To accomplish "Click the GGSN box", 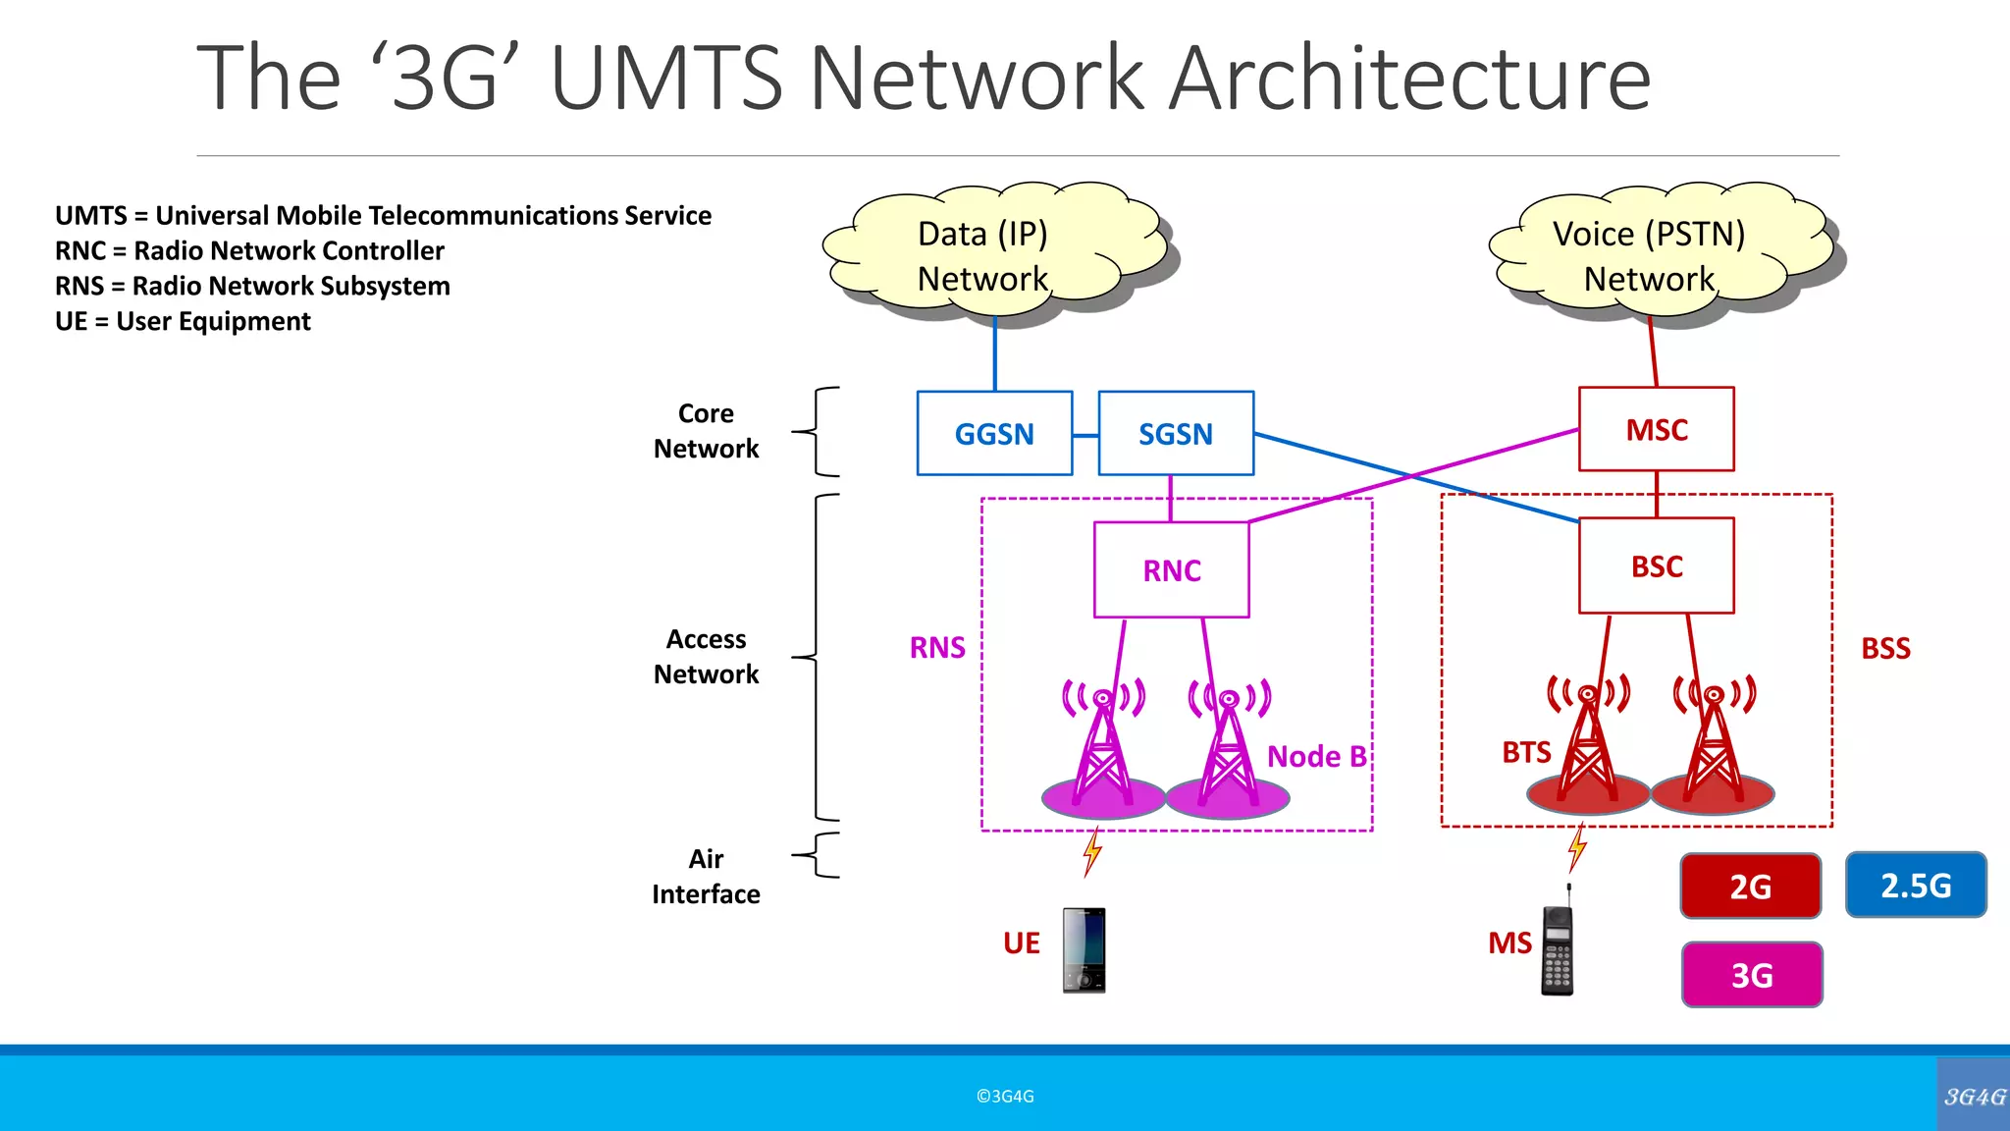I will point(994,434).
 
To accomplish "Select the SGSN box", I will point(1176,434).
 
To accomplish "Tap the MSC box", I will point(1657,430).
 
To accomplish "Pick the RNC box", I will point(1172,570).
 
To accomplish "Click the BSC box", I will point(1657,566).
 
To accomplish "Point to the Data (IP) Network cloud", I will point(983,256).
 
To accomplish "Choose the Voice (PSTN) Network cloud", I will point(1650,256).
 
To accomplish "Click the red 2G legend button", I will point(1751,887).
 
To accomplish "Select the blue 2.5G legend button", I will point(1916,886).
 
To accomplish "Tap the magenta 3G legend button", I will point(1752,975).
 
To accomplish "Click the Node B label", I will point(1316,757).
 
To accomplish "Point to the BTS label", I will point(1526,753).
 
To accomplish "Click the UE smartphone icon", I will point(1084,949).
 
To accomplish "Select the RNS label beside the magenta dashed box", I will point(937,648).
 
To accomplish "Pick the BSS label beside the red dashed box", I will point(1885,649).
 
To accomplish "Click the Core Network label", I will point(706,431).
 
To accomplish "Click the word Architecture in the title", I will point(1411,79).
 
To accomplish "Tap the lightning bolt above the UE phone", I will point(1092,851).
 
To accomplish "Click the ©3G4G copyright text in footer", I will point(1005,1097).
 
